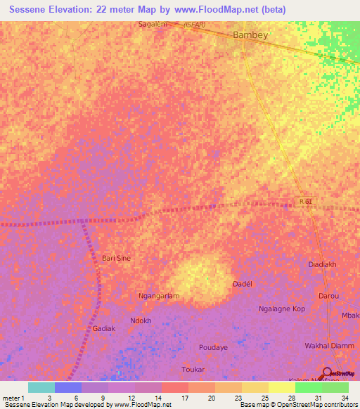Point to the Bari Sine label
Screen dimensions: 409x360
click(x=117, y=258)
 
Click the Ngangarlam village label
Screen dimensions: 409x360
click(x=159, y=296)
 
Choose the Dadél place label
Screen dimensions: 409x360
click(x=242, y=284)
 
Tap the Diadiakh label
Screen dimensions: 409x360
click(x=324, y=265)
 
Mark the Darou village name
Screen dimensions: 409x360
click(x=328, y=296)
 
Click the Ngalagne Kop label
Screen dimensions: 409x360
click(x=281, y=309)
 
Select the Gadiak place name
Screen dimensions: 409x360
click(x=103, y=328)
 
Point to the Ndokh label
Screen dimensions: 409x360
click(x=141, y=320)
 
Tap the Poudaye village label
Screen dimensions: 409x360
click(x=213, y=347)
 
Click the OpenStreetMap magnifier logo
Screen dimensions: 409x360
click(x=328, y=372)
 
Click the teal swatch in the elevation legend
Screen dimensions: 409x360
click(x=41, y=387)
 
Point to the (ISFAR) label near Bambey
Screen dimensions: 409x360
click(x=195, y=25)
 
